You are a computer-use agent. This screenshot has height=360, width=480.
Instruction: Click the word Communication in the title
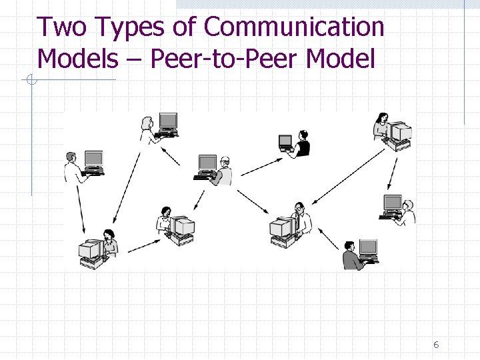coord(294,27)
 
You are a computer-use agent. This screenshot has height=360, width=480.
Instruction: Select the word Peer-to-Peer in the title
coord(225,59)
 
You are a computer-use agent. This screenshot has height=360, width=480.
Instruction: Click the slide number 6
coord(436,345)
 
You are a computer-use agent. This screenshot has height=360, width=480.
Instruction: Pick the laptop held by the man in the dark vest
coord(285,142)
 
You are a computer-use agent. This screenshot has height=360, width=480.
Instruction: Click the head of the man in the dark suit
coord(350,247)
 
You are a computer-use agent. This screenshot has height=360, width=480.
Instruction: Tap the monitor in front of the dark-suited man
coord(368,248)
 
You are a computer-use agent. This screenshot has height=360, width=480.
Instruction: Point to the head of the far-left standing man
coord(70,157)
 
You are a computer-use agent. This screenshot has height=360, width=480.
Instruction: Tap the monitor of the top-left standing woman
coord(168,121)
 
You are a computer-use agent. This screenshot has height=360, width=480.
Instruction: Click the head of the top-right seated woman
coord(382,118)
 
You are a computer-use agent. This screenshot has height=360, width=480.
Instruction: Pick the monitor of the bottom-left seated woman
coord(89,250)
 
